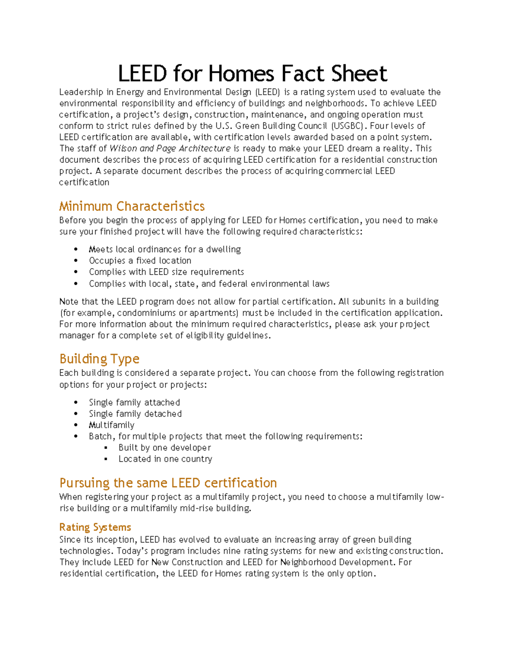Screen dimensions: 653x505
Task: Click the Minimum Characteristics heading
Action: click(132, 206)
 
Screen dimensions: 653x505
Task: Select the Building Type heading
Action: click(99, 359)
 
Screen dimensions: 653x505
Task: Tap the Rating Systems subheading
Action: click(95, 527)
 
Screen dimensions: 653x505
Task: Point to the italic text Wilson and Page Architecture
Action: click(170, 148)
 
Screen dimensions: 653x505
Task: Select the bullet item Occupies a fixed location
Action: click(140, 261)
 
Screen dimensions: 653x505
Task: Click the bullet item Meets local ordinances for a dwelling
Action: click(165, 249)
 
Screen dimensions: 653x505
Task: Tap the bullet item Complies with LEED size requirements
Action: click(166, 272)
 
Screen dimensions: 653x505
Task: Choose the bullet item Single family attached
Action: click(134, 402)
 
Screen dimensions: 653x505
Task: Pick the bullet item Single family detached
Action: click(135, 414)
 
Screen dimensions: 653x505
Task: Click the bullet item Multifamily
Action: click(112, 425)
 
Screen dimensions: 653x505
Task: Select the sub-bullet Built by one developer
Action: click(165, 448)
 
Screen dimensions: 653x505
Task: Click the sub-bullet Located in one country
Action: click(165, 459)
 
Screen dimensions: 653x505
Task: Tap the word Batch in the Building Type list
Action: click(101, 436)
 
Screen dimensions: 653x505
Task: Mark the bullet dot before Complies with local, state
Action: click(76, 284)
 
